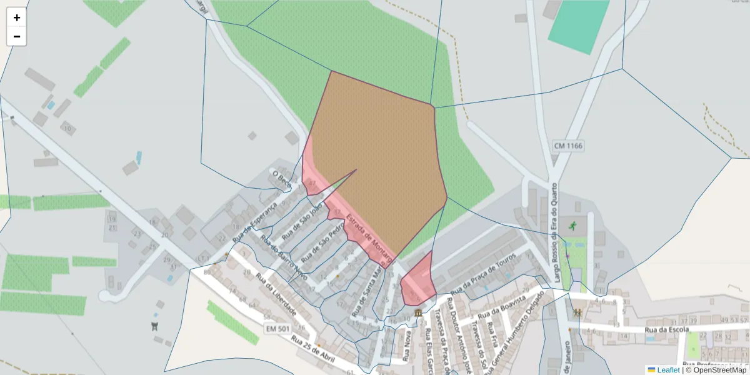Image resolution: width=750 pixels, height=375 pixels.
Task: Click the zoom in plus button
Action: (x=17, y=17)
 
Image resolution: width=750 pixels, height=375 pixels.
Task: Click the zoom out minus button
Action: (x=17, y=36)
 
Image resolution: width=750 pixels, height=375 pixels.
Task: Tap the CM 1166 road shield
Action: (x=568, y=146)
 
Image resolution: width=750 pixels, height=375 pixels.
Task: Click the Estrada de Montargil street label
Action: (x=369, y=238)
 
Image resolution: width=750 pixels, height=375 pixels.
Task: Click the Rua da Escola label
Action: (x=667, y=329)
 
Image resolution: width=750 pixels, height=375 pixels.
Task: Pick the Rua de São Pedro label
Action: (x=322, y=241)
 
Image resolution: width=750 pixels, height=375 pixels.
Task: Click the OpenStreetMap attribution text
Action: (x=719, y=370)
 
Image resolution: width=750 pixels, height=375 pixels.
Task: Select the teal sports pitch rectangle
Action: (x=579, y=26)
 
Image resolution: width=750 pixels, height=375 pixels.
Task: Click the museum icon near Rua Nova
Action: (x=417, y=312)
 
